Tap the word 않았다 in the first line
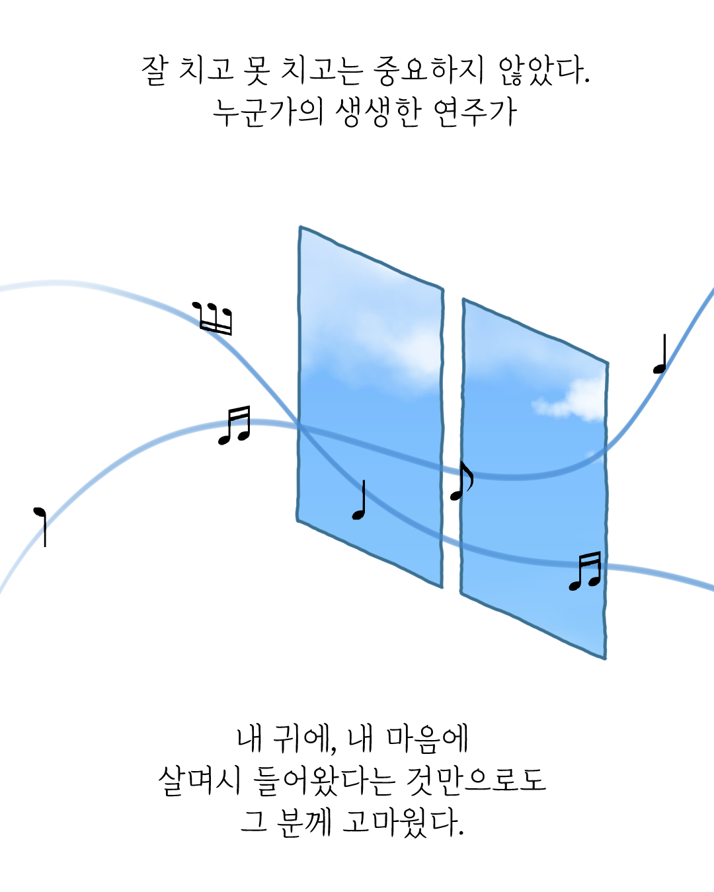coord(542,70)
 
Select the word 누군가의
coord(268,112)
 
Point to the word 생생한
coord(377,112)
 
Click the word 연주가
coord(475,112)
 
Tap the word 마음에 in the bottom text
coord(427,738)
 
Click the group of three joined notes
coord(213,318)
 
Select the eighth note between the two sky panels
coord(461,481)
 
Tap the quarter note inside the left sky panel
coord(360,501)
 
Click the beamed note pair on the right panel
coord(586,571)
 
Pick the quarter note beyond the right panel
coord(660,355)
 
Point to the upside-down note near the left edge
coord(41,526)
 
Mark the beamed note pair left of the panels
coord(235,426)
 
